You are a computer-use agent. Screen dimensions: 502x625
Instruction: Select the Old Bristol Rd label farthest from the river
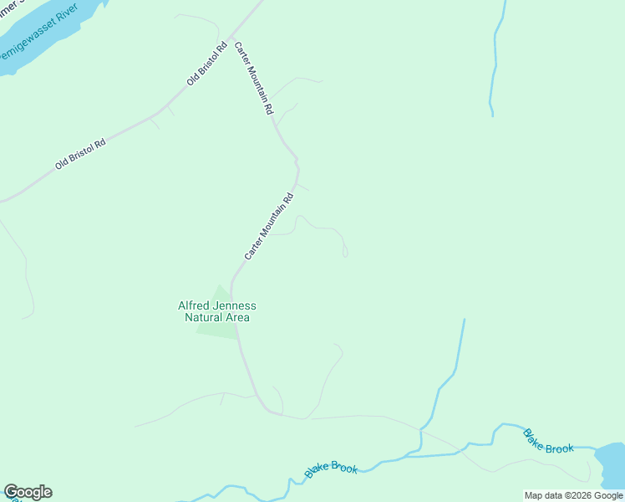(80, 155)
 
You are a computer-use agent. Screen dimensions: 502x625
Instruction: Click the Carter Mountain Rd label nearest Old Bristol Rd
(253, 78)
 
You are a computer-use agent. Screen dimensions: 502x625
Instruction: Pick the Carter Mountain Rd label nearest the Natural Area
(269, 226)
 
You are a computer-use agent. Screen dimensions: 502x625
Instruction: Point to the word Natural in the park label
(203, 318)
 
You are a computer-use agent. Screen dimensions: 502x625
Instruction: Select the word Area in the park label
(236, 318)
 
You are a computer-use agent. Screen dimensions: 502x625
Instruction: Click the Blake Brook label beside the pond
(548, 441)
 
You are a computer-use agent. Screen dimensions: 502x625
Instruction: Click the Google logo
(28, 492)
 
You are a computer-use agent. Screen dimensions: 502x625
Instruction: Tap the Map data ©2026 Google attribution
(573, 495)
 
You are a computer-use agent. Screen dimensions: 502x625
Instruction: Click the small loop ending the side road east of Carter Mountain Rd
(345, 249)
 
